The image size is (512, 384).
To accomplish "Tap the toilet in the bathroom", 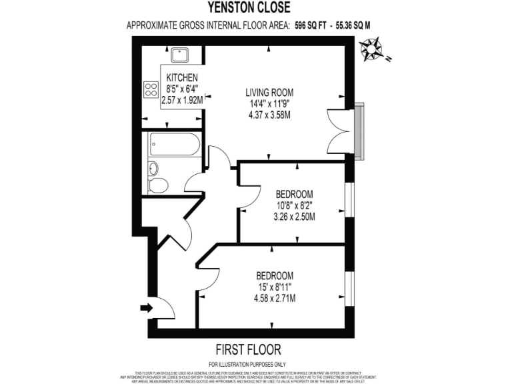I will tap(157, 185).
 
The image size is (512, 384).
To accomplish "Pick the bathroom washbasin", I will tap(153, 167).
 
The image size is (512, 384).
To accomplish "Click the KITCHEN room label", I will tap(181, 77).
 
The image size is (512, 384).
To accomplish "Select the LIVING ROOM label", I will tap(269, 92).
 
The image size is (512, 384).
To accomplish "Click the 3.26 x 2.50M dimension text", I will tap(295, 216).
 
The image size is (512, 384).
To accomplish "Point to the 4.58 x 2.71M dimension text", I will tap(275, 297).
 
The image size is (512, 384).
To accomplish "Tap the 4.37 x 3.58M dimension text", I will tap(269, 115).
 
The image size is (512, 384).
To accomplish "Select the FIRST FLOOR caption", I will tap(247, 349).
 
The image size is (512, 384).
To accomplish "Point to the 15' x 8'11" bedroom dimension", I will tap(275, 287).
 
